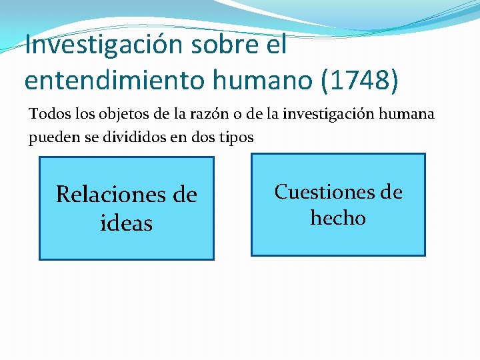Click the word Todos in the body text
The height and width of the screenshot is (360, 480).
[x=47, y=113]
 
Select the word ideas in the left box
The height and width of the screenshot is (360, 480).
[x=126, y=223]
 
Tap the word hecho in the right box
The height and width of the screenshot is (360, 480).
[x=338, y=218]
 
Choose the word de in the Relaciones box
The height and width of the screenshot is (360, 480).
[x=185, y=195]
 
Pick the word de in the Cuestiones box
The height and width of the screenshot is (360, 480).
[x=391, y=192]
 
